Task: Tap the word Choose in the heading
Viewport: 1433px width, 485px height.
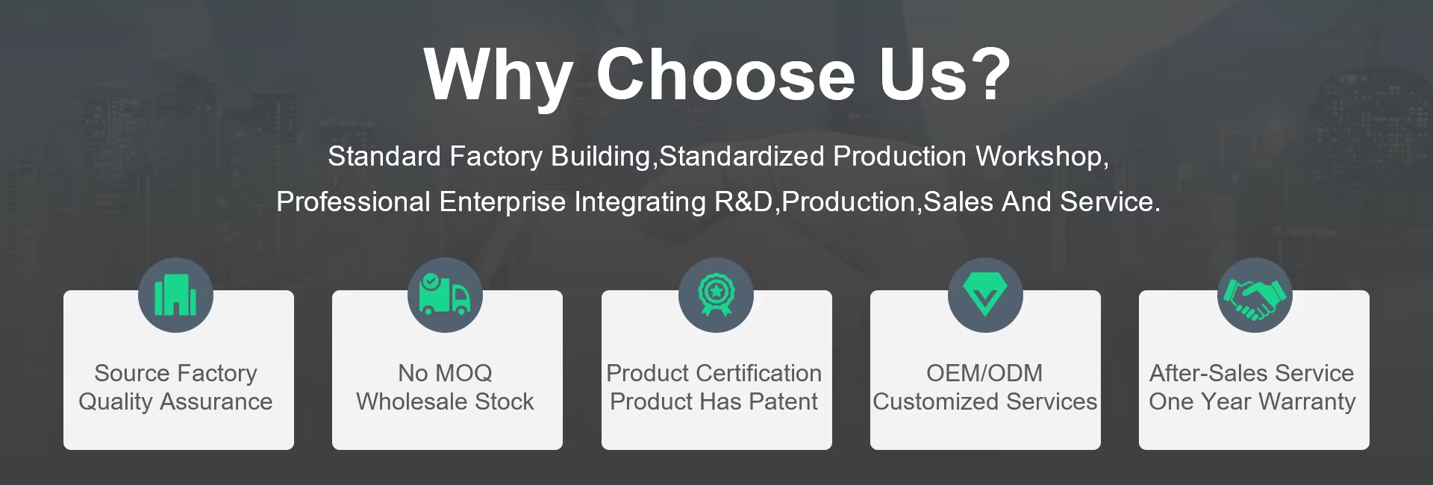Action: pyautogui.click(x=725, y=74)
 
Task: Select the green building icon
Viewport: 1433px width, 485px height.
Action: pyautogui.click(x=175, y=295)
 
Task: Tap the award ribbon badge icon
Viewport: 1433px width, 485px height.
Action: pyautogui.click(x=716, y=295)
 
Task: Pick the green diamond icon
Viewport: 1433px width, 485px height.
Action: pyautogui.click(x=985, y=294)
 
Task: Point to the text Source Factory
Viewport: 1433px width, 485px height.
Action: pyautogui.click(x=175, y=372)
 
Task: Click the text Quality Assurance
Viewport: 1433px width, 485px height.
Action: pyautogui.click(x=175, y=401)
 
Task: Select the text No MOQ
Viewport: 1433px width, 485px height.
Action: pyautogui.click(x=445, y=372)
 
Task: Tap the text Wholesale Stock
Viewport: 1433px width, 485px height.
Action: pyautogui.click(x=445, y=401)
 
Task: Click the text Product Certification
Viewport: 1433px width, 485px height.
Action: pyautogui.click(x=714, y=372)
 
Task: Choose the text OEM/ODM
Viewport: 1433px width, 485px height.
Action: pyautogui.click(x=984, y=372)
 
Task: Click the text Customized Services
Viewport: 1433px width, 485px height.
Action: pyautogui.click(x=985, y=401)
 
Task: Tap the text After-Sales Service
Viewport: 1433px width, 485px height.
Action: pyautogui.click(x=1252, y=372)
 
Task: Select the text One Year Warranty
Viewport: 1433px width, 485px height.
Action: pyautogui.click(x=1252, y=401)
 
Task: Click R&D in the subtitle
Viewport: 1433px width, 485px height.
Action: pyautogui.click(x=743, y=201)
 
